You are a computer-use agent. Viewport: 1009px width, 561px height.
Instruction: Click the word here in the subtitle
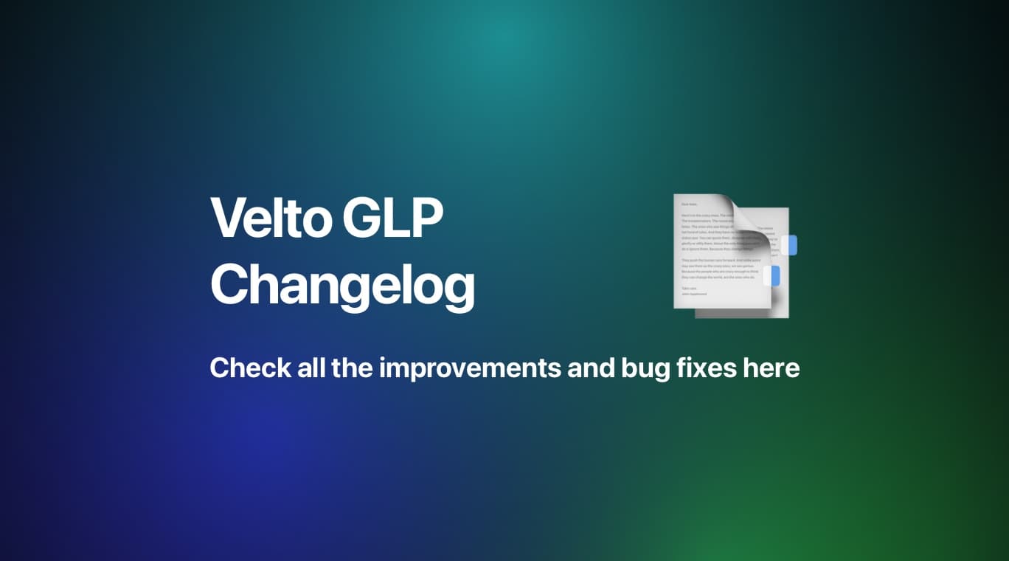[771, 367]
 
